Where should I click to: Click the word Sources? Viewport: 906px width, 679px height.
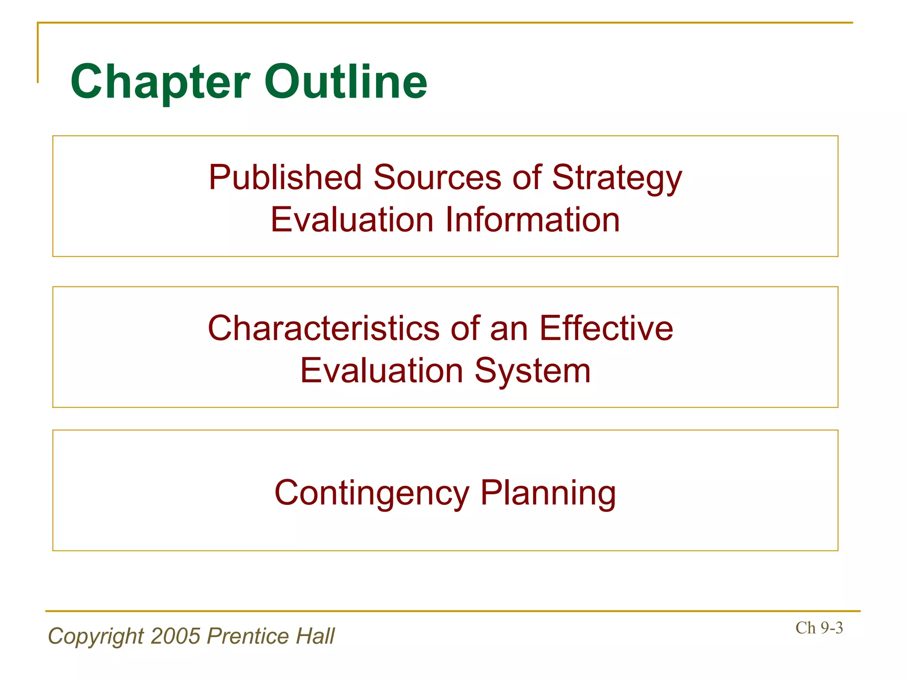tap(437, 178)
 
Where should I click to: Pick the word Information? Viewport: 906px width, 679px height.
tap(533, 220)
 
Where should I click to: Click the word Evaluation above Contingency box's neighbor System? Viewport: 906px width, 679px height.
tap(381, 370)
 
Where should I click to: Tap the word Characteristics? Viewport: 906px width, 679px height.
tap(323, 328)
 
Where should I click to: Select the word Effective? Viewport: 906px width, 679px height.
tap(606, 328)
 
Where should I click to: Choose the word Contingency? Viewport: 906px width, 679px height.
tap(372, 493)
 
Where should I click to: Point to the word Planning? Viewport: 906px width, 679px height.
tap(548, 493)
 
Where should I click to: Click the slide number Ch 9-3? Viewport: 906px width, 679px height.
tap(819, 628)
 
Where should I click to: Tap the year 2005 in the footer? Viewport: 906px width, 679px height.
tap(176, 636)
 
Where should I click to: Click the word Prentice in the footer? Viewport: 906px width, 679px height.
tap(248, 636)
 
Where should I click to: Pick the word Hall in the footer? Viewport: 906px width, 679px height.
tap(315, 636)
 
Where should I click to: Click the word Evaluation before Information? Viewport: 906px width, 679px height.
tap(352, 220)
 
